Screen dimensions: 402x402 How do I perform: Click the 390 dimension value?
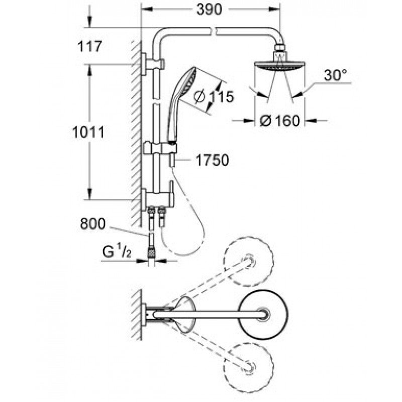(209, 10)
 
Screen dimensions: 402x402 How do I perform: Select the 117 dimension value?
(90, 47)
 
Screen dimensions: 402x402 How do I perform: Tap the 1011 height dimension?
(88, 133)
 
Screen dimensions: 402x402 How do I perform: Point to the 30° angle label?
(335, 75)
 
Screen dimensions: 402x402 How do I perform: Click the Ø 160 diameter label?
(280, 121)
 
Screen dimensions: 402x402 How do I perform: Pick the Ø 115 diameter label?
(214, 96)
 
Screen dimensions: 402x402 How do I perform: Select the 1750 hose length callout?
(212, 160)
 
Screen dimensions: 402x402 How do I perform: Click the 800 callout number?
(92, 224)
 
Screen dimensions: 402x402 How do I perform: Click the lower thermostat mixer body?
(157, 197)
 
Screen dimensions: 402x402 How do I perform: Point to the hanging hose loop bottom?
(184, 255)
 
